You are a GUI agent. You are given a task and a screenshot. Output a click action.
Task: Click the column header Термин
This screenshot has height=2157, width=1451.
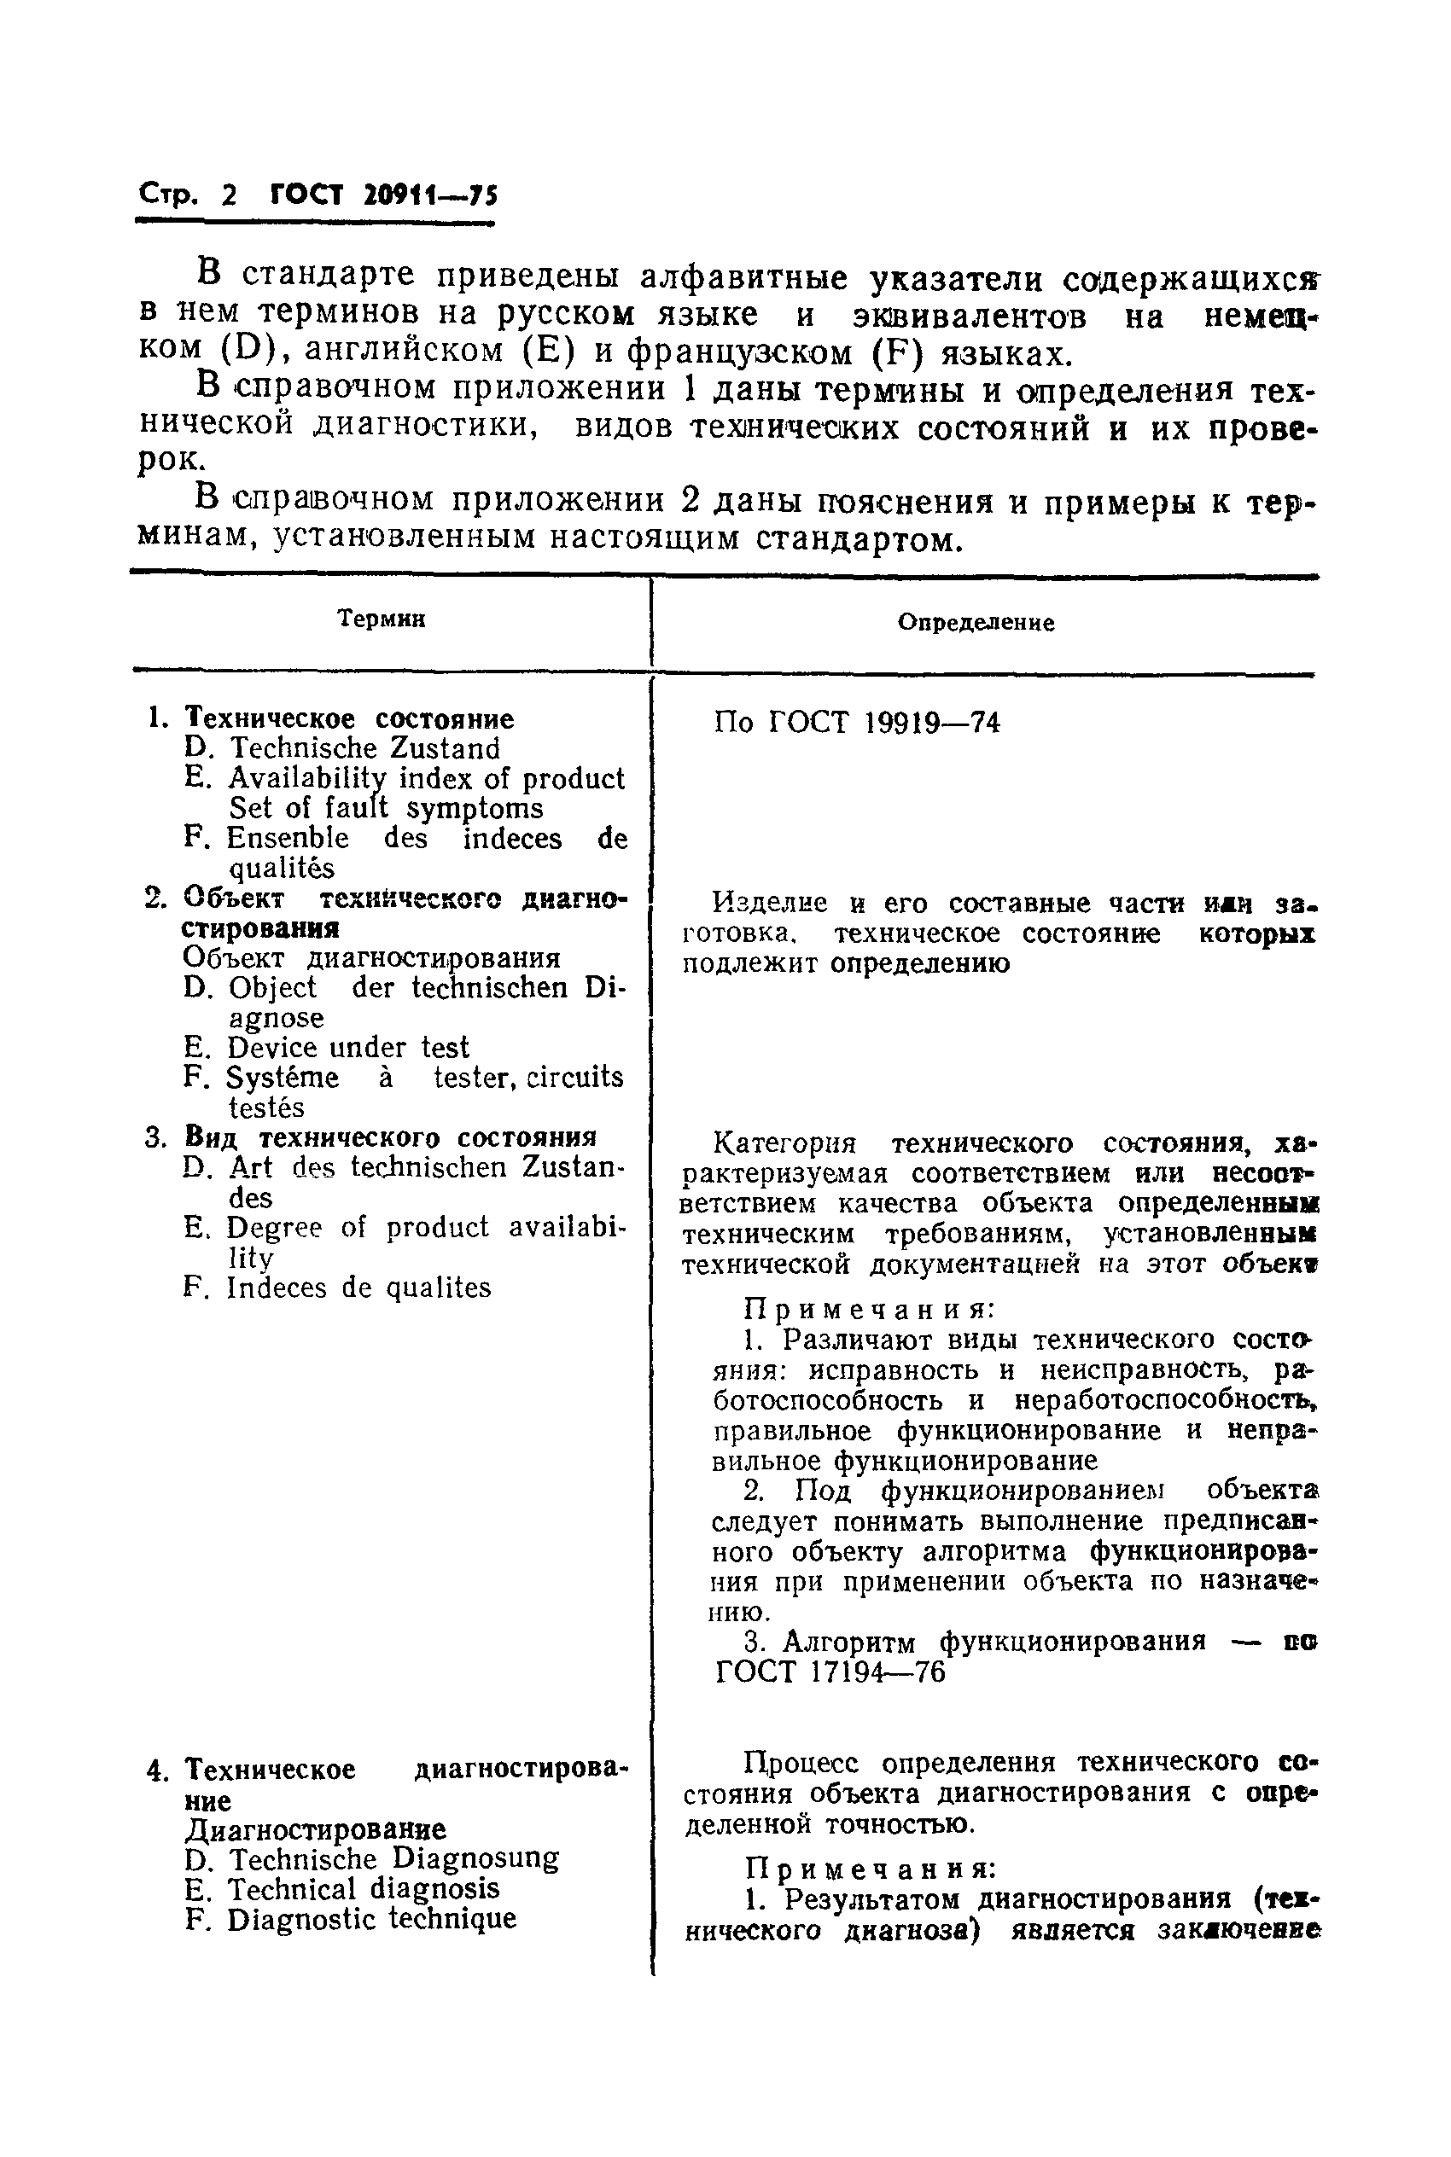tap(381, 619)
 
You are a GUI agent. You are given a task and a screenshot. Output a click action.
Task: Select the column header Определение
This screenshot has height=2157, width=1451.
tap(976, 623)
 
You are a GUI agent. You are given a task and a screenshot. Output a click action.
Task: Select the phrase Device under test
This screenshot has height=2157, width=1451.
tap(348, 1048)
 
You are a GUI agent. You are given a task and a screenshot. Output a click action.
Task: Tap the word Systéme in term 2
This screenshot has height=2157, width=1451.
tap(283, 1078)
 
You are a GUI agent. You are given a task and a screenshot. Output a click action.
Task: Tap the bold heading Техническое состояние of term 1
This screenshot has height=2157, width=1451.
tap(349, 718)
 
